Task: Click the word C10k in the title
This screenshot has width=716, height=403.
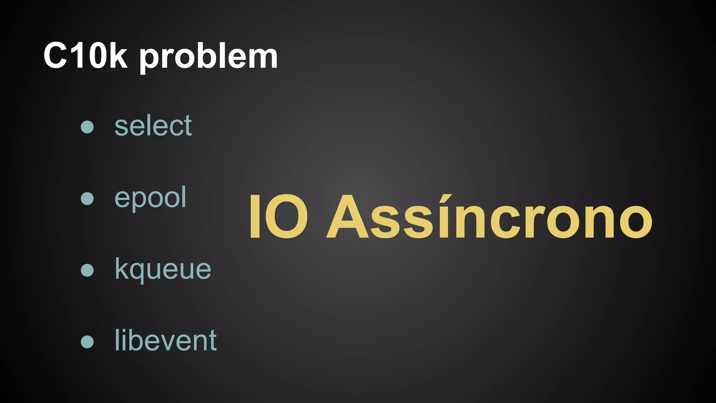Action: [x=85, y=56]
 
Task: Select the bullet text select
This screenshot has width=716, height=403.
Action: [x=153, y=126]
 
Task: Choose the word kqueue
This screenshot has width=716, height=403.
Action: [x=163, y=269]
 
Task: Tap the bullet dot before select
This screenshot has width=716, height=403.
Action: [x=87, y=127]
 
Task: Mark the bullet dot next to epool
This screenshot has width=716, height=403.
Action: [x=87, y=198]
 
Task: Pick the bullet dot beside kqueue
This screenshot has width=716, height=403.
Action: [x=87, y=270]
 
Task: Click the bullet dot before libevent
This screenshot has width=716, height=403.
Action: [x=87, y=342]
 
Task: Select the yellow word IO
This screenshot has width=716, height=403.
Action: [x=278, y=217]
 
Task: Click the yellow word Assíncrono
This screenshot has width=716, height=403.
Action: [x=489, y=217]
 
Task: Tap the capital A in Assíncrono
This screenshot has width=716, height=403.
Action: [x=347, y=217]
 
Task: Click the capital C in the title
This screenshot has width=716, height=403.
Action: [x=55, y=56]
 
